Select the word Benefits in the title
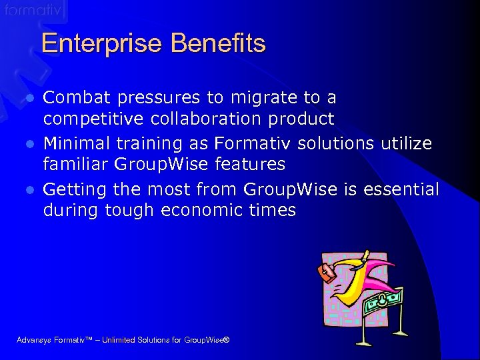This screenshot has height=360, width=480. click(x=218, y=44)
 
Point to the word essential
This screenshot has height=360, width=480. click(x=401, y=189)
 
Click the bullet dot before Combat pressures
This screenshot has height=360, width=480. click(x=29, y=99)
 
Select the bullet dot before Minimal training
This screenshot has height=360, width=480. click(x=29, y=144)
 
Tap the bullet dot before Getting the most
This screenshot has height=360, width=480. click(x=29, y=190)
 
